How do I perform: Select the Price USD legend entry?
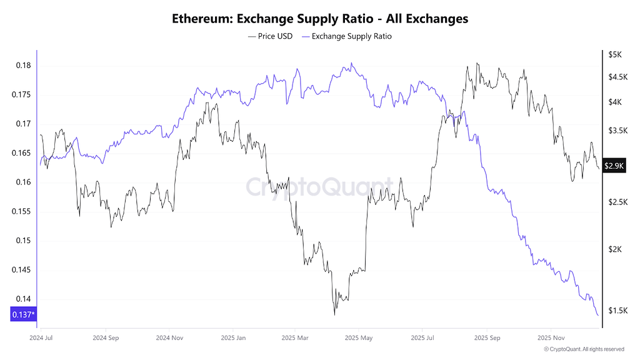(270, 36)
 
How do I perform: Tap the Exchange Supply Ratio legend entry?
(347, 36)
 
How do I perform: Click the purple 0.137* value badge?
(23, 314)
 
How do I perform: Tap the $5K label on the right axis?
(614, 55)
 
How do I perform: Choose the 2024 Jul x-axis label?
(41, 337)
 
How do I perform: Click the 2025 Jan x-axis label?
(232, 337)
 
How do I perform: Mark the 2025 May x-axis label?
(359, 337)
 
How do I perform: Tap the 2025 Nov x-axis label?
(550, 337)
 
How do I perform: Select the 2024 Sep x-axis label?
(105, 337)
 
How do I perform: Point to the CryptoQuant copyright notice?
(584, 349)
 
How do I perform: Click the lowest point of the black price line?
(334, 314)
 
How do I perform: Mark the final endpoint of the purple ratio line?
(598, 316)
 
